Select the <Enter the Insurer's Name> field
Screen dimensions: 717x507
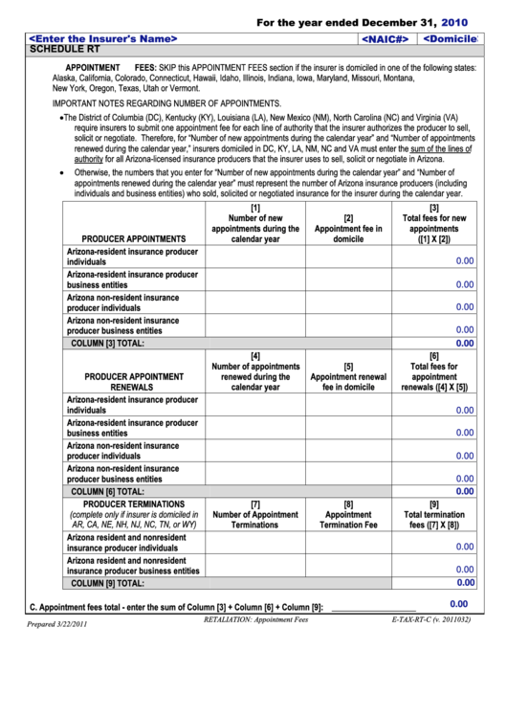point(104,38)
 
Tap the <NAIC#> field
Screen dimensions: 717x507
point(386,39)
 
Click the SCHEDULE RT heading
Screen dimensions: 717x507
point(65,49)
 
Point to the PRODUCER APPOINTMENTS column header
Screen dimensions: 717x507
point(134,238)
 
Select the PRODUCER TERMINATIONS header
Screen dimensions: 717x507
point(134,504)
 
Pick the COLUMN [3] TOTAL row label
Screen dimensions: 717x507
point(108,343)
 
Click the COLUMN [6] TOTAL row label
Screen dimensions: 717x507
point(108,491)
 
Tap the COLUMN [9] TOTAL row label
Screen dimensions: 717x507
point(108,583)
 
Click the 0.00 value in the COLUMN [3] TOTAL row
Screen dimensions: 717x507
point(465,343)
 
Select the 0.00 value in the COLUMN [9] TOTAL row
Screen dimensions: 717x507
point(465,582)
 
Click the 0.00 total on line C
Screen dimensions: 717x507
point(458,604)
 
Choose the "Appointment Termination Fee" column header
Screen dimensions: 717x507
point(348,519)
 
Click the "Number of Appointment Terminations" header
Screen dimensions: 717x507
point(254,519)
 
